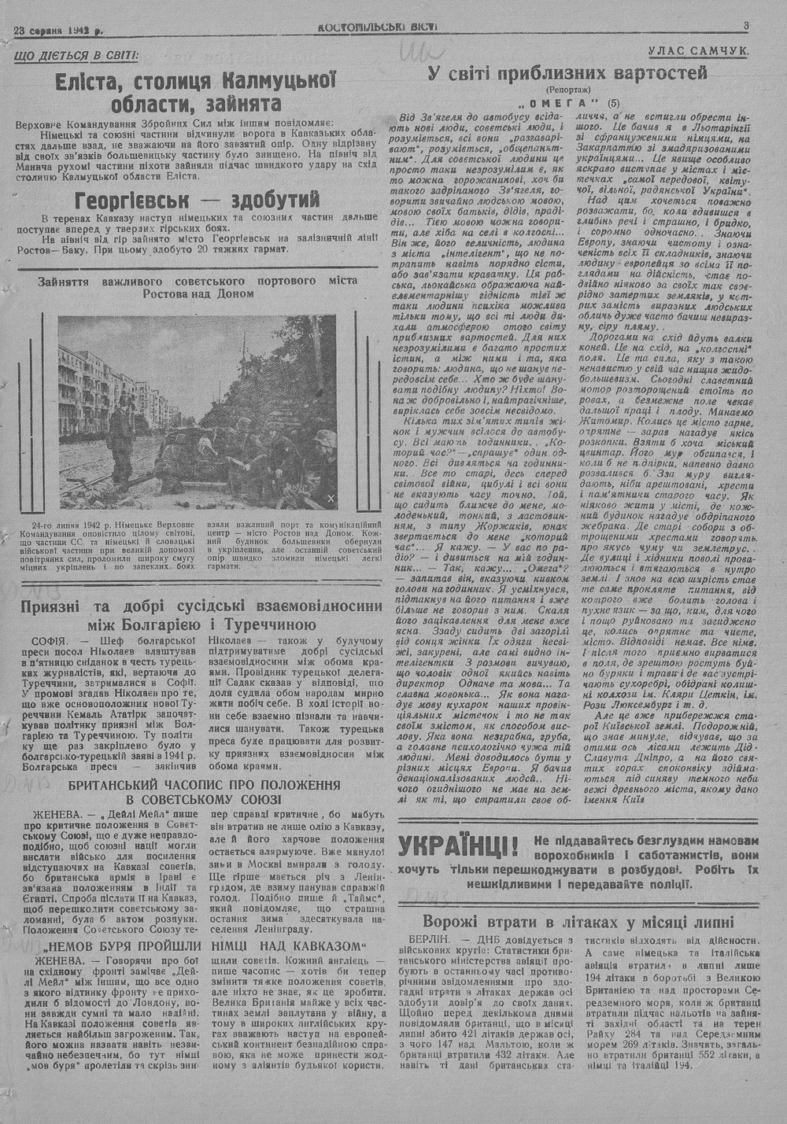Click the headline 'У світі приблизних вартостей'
click(567, 73)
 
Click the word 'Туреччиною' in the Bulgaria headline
click(272, 625)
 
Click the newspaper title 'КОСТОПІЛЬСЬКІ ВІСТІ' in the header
click(378, 27)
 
